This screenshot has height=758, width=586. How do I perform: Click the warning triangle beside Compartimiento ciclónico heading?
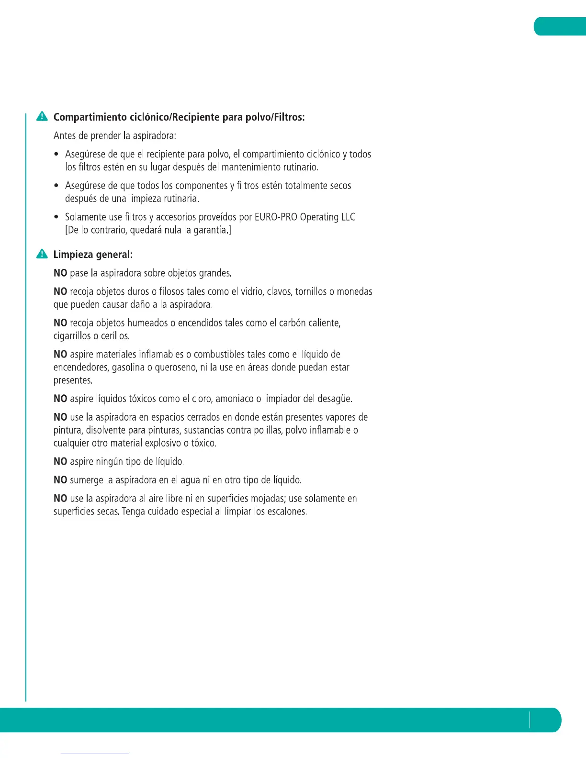pyautogui.click(x=42, y=117)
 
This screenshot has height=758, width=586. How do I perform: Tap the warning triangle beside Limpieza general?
pyautogui.click(x=42, y=254)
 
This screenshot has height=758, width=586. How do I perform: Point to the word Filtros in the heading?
pyautogui.click(x=289, y=117)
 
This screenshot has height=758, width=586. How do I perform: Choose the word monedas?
pyautogui.click(x=354, y=291)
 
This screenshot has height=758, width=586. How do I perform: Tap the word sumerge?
pyautogui.click(x=86, y=480)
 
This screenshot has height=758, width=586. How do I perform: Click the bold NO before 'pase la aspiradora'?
pyautogui.click(x=60, y=273)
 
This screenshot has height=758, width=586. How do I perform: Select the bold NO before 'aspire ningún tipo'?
pyautogui.click(x=60, y=462)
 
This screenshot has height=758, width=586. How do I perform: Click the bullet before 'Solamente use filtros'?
pyautogui.click(x=56, y=217)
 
